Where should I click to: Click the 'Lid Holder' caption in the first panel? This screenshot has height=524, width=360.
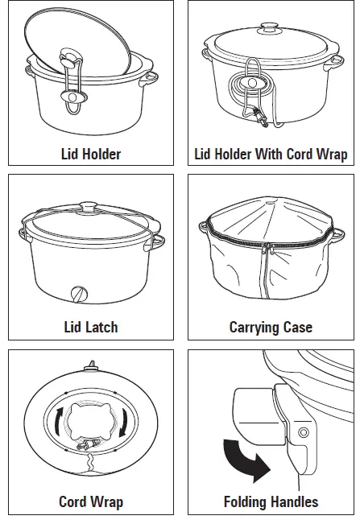pyautogui.click(x=90, y=153)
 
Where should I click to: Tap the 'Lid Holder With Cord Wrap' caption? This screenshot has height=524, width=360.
pyautogui.click(x=271, y=153)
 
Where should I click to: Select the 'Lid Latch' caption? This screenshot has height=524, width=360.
pyautogui.click(x=90, y=327)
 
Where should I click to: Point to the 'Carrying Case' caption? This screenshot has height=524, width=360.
pyautogui.click(x=271, y=327)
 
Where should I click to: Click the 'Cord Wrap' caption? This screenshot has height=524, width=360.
pyautogui.click(x=90, y=501)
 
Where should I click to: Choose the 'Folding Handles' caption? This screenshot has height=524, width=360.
pyautogui.click(x=271, y=501)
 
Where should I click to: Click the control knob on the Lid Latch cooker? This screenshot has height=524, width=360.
pyautogui.click(x=78, y=294)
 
